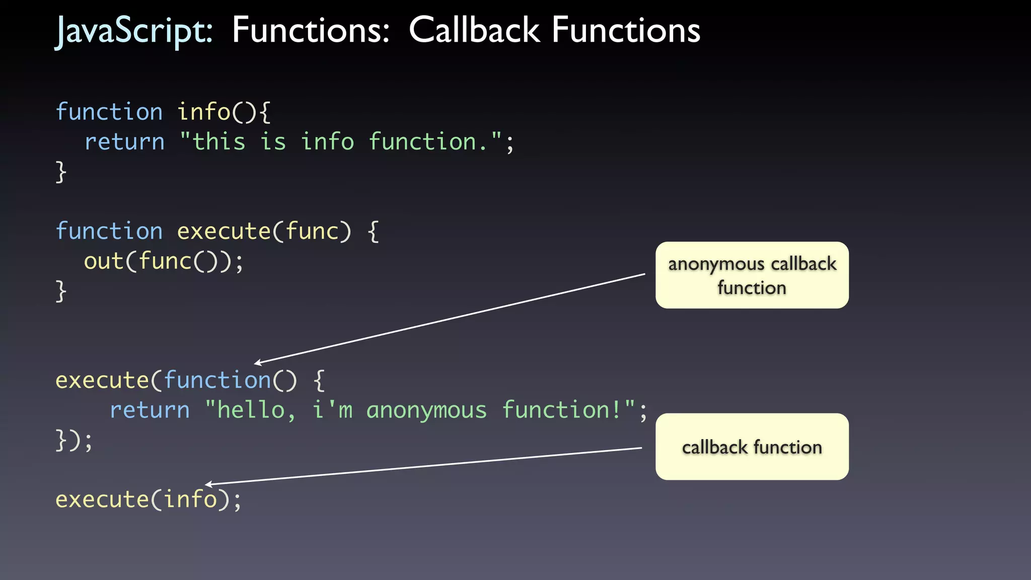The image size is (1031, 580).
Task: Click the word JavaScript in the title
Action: [x=134, y=30]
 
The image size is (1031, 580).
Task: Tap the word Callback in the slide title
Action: [x=474, y=30]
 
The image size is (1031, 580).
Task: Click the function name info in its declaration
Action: [x=203, y=112]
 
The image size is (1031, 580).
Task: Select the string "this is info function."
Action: [x=341, y=141]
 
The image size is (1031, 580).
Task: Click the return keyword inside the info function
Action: [x=124, y=142]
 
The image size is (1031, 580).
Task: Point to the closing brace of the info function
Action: [x=61, y=172]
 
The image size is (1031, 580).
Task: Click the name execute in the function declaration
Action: [x=224, y=231]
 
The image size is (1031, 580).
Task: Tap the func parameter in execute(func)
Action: [x=312, y=231]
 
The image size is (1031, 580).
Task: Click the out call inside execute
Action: [x=104, y=261]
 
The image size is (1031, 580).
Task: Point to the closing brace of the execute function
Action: [x=61, y=291]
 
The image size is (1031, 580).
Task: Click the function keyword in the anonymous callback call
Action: [x=217, y=380]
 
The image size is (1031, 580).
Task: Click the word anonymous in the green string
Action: [x=426, y=410]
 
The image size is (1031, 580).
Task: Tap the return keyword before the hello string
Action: [x=150, y=410]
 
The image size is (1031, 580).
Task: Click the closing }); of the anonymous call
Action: [x=73, y=440]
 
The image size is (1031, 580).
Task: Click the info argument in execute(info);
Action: [x=190, y=499]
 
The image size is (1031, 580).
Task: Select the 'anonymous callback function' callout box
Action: [x=752, y=275]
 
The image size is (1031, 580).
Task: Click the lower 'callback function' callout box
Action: [x=752, y=447]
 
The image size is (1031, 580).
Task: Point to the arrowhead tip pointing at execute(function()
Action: [x=255, y=363]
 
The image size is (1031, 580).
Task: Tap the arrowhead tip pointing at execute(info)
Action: [x=206, y=484]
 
